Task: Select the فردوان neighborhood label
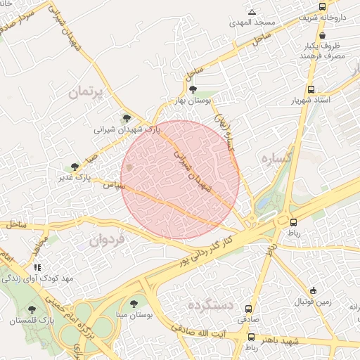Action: click(107, 240)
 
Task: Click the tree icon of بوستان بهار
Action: click(193, 89)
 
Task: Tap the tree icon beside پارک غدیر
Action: click(75, 167)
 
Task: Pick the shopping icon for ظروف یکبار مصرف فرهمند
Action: click(321, 35)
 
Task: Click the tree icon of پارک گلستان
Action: click(31, 309)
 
